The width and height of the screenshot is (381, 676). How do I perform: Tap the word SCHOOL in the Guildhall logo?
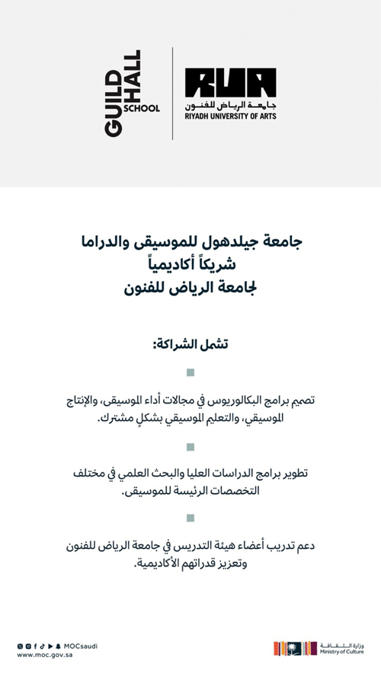(142, 109)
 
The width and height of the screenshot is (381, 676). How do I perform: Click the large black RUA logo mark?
(230, 83)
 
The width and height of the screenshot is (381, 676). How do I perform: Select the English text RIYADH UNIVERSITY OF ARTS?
(230, 116)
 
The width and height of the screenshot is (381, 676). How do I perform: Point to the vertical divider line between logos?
(172, 93)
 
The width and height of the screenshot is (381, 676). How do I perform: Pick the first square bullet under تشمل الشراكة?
(190, 372)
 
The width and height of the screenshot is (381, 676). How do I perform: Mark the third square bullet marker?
(190, 519)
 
